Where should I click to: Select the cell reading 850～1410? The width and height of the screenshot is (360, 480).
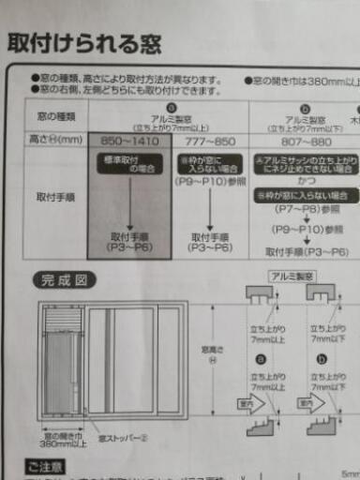[x=129, y=139]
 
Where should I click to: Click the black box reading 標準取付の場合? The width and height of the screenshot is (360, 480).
[x=129, y=164]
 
